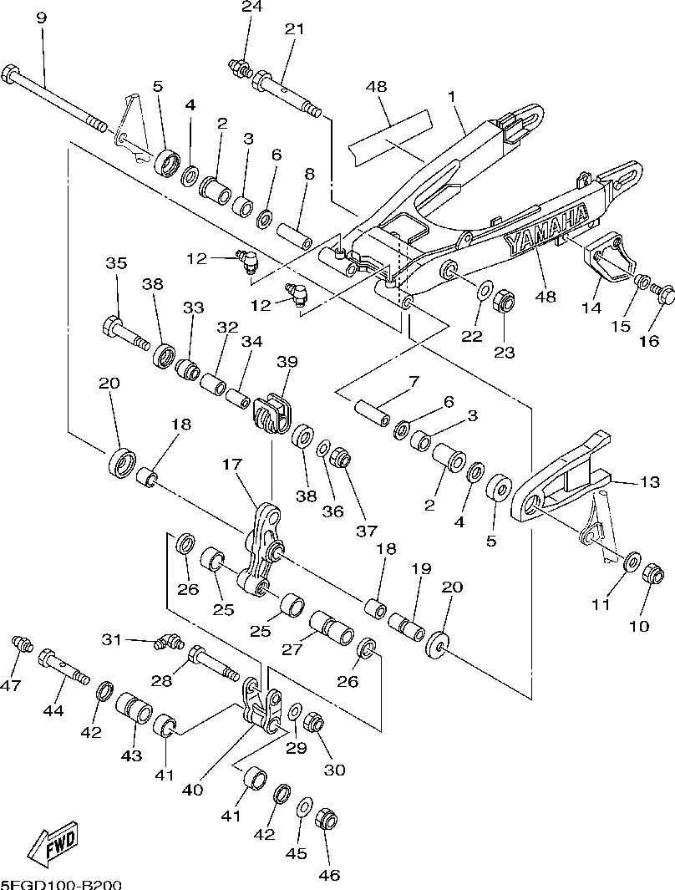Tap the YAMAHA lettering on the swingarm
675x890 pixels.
[x=547, y=229]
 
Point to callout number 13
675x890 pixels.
[x=649, y=482]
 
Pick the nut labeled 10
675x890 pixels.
[x=654, y=575]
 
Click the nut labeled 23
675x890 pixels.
[x=505, y=298]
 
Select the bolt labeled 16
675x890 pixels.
[x=663, y=294]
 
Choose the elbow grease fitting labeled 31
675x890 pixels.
[x=170, y=642]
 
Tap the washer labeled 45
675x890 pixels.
[x=305, y=806]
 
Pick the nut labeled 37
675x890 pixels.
[x=340, y=457]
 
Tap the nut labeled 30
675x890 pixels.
[x=314, y=720]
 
